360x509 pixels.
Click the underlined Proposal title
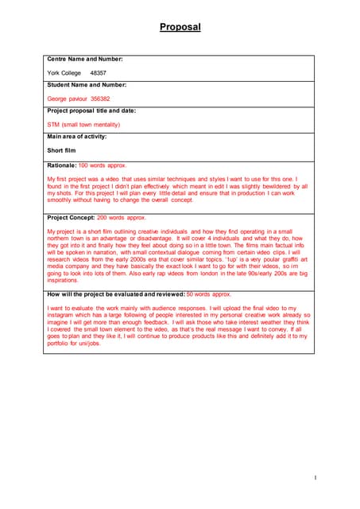180,27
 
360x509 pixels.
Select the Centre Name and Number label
85,59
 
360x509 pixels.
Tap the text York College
64,72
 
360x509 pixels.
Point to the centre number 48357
99,72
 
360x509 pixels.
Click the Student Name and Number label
87,84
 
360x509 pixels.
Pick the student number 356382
100,99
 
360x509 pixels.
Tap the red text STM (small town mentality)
83,125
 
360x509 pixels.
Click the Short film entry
62,150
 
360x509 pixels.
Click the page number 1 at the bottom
315,477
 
